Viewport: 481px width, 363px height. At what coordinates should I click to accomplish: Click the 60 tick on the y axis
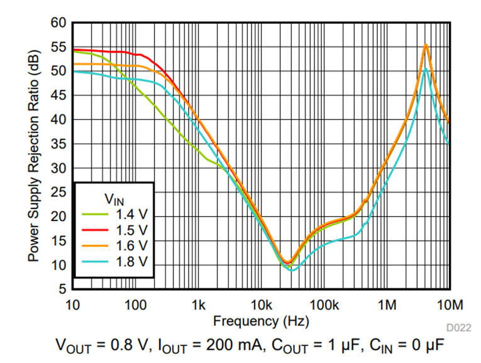pos(58,23)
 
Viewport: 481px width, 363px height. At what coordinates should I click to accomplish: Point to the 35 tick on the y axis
pos(58,144)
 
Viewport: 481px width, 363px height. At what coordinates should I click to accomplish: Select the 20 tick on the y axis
pos(58,217)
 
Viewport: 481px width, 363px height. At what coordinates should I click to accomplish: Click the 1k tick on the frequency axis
pos(199,305)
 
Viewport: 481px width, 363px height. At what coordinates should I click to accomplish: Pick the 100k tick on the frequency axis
pos(324,305)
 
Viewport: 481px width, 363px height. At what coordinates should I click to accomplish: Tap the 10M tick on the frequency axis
pos(450,305)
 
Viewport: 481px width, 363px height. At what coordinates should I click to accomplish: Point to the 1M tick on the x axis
pos(387,305)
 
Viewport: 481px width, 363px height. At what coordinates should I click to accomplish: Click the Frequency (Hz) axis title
pos(261,321)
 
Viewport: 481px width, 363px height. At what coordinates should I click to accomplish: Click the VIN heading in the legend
pos(114,200)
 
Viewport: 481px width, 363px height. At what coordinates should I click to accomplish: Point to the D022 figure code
pos(459,327)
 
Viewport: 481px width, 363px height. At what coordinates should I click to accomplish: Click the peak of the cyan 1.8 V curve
pos(426,68)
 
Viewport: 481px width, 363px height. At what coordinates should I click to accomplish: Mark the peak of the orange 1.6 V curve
pos(426,45)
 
